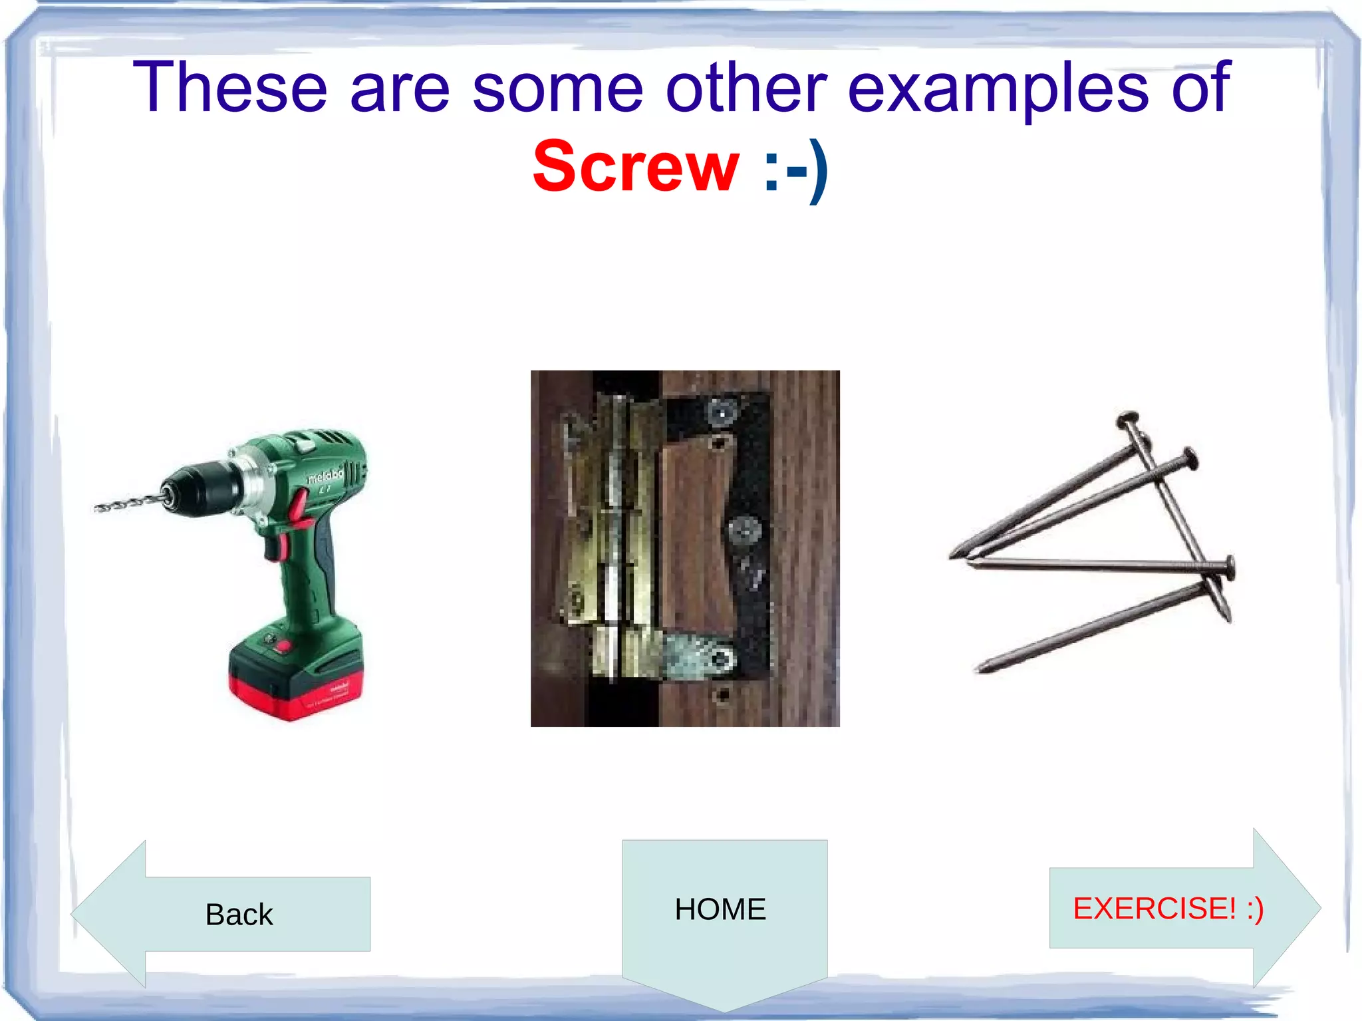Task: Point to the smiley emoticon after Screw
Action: (x=795, y=169)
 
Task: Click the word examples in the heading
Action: (x=998, y=88)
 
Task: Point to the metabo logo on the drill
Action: (x=325, y=475)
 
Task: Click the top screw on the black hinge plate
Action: (x=723, y=413)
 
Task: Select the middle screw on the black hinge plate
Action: (x=744, y=531)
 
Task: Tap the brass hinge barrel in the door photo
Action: (x=618, y=532)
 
